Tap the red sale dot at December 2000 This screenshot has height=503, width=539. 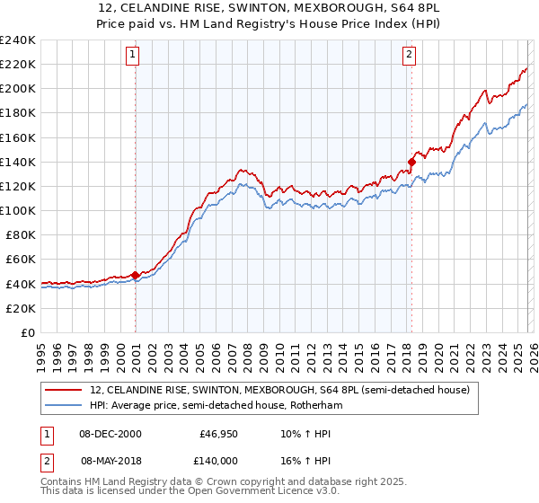135,275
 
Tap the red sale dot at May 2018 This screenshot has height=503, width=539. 411,162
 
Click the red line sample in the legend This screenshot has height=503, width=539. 64,390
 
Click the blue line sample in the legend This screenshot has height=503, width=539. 64,405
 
